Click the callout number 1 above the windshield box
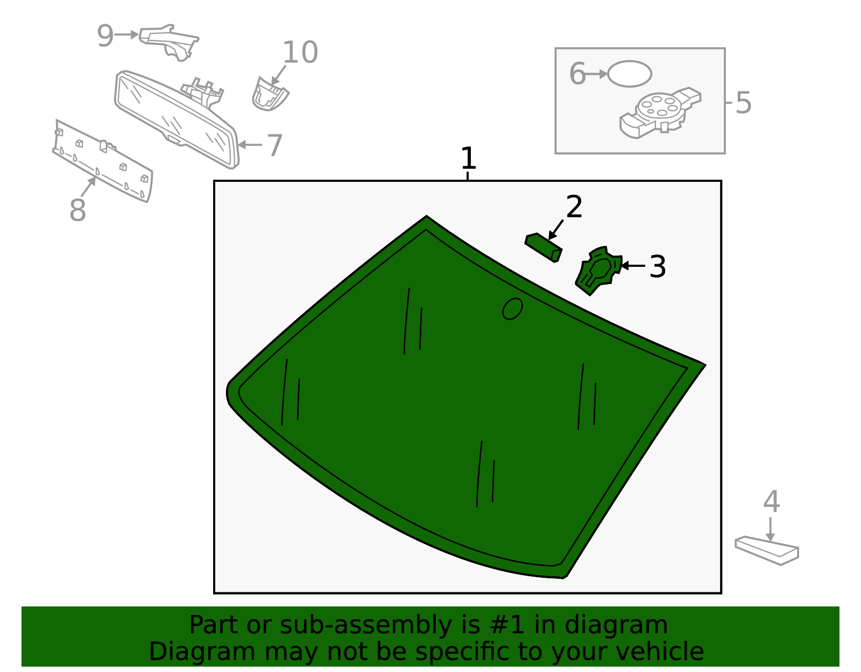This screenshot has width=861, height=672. (x=468, y=158)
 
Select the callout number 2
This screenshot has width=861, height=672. (x=574, y=206)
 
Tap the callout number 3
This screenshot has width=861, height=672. (x=658, y=266)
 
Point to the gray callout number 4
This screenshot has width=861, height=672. (x=772, y=501)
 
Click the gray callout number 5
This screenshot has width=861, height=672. (x=743, y=103)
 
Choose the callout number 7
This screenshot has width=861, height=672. (x=274, y=145)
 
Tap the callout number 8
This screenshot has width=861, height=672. (x=77, y=209)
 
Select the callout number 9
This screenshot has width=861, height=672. (x=105, y=36)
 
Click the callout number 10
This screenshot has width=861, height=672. (x=300, y=52)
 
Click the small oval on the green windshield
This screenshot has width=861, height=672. (x=512, y=309)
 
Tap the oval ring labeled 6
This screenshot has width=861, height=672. (x=629, y=74)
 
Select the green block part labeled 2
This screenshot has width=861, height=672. (x=543, y=247)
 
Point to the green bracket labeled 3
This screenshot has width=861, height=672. (x=598, y=271)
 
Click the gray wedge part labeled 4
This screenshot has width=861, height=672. (x=767, y=550)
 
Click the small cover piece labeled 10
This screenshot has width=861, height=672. (x=270, y=94)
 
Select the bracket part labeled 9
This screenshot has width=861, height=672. (x=169, y=43)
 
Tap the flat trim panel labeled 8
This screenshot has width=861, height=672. (x=103, y=161)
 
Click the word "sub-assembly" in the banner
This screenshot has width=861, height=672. (x=366, y=625)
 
